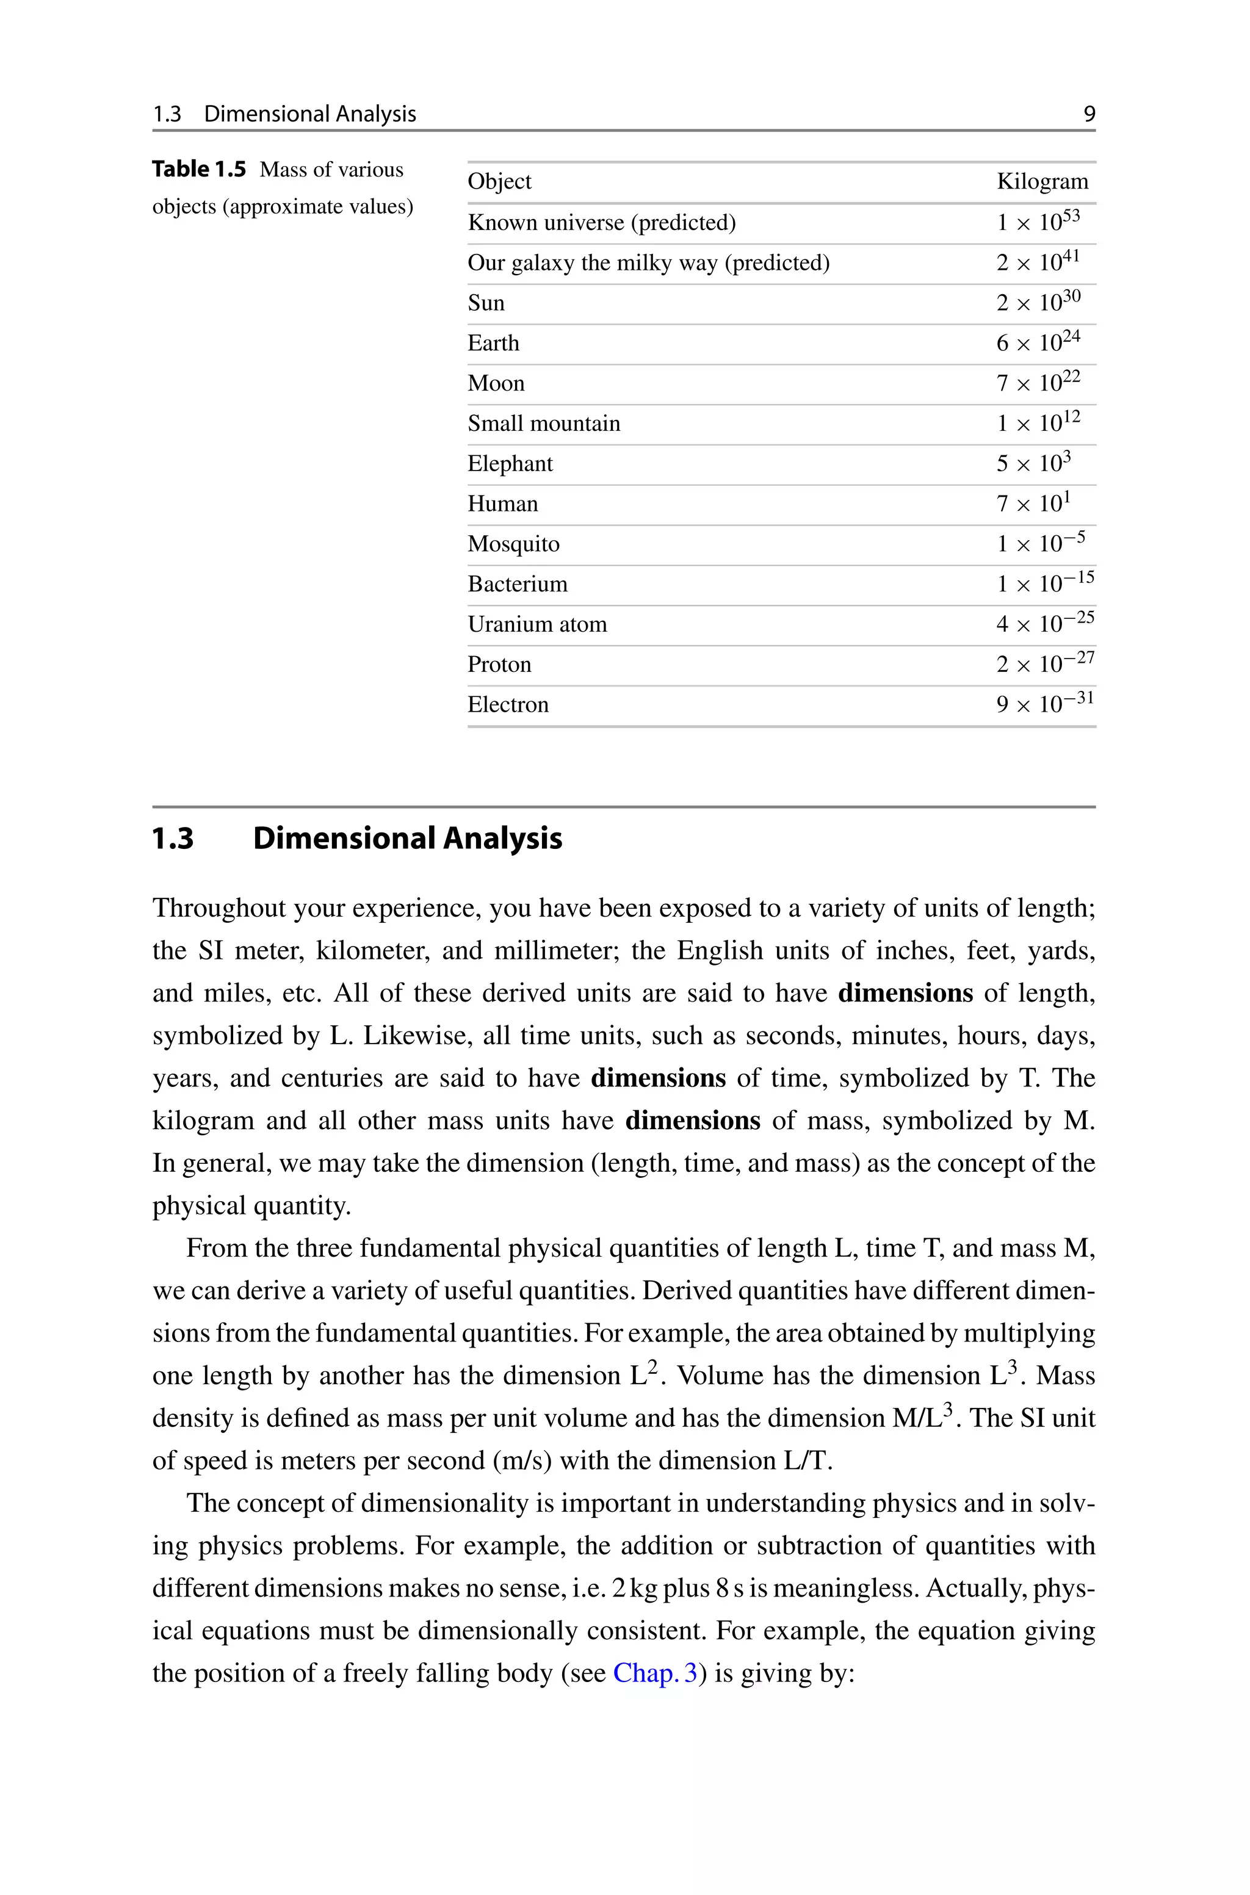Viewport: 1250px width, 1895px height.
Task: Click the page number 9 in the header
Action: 1089,114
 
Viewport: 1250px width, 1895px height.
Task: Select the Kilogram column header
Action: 1042,182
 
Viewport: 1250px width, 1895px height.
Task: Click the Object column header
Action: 499,182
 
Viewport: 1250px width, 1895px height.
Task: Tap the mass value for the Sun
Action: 1038,302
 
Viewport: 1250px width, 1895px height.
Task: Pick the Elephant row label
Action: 510,464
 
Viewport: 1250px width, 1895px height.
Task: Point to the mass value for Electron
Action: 1044,704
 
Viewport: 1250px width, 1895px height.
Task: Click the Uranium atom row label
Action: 536,624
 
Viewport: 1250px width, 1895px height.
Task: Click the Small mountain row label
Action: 544,423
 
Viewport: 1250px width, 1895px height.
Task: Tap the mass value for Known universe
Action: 1038,222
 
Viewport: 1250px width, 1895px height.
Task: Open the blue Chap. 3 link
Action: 654,1673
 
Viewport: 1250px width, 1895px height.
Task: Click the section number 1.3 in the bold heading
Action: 173,839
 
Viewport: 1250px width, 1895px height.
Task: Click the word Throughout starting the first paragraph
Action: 219,909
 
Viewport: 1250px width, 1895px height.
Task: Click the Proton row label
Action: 499,665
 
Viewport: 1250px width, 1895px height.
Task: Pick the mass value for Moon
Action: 1038,383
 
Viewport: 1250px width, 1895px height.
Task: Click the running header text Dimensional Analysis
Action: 310,114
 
